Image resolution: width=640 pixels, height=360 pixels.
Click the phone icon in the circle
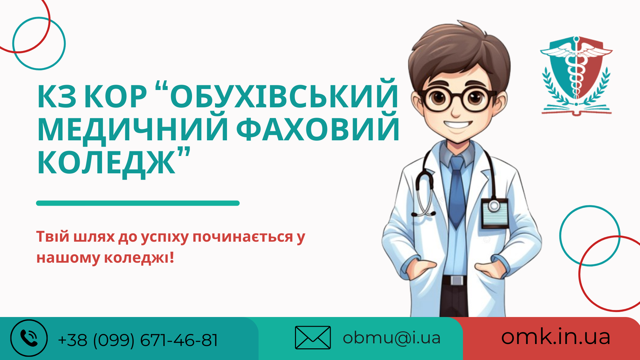29,338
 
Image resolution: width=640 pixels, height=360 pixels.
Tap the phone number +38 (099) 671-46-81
138,340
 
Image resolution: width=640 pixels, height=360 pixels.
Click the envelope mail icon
313,337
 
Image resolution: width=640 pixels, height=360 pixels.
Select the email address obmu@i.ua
392,338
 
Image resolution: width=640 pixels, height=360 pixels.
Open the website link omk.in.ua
556,337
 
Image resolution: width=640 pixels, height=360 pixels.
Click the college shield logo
576,75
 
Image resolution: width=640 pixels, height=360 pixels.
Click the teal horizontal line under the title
138,203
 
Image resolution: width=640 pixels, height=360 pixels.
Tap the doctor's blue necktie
457,192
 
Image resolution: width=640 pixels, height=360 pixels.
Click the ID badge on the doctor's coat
495,213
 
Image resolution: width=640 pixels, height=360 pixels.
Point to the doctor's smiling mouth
458,125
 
